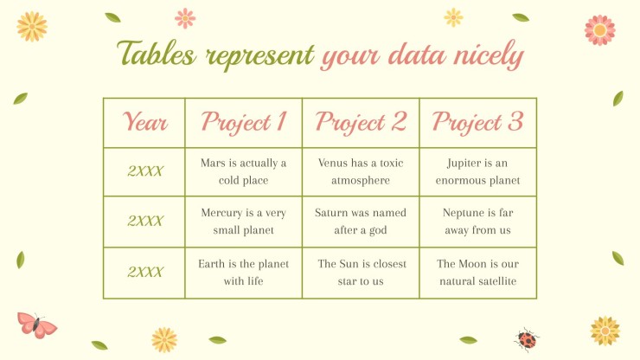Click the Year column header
tap(145, 122)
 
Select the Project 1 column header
tap(244, 122)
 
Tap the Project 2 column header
tap(361, 122)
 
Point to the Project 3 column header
tap(477, 122)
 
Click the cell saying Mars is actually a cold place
tap(244, 171)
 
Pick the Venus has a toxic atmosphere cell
tap(361, 171)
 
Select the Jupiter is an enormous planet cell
tap(477, 171)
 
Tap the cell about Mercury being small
tap(244, 222)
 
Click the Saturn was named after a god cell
tap(361, 222)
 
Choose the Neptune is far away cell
tap(477, 222)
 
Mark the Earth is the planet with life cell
tap(244, 272)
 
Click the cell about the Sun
tap(362, 272)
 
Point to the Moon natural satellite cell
tap(477, 272)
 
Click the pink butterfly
tap(36, 325)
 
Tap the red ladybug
tap(527, 339)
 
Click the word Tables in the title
tap(156, 53)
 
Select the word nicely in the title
tap(489, 55)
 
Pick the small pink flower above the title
tap(185, 18)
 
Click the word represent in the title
tap(259, 57)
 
